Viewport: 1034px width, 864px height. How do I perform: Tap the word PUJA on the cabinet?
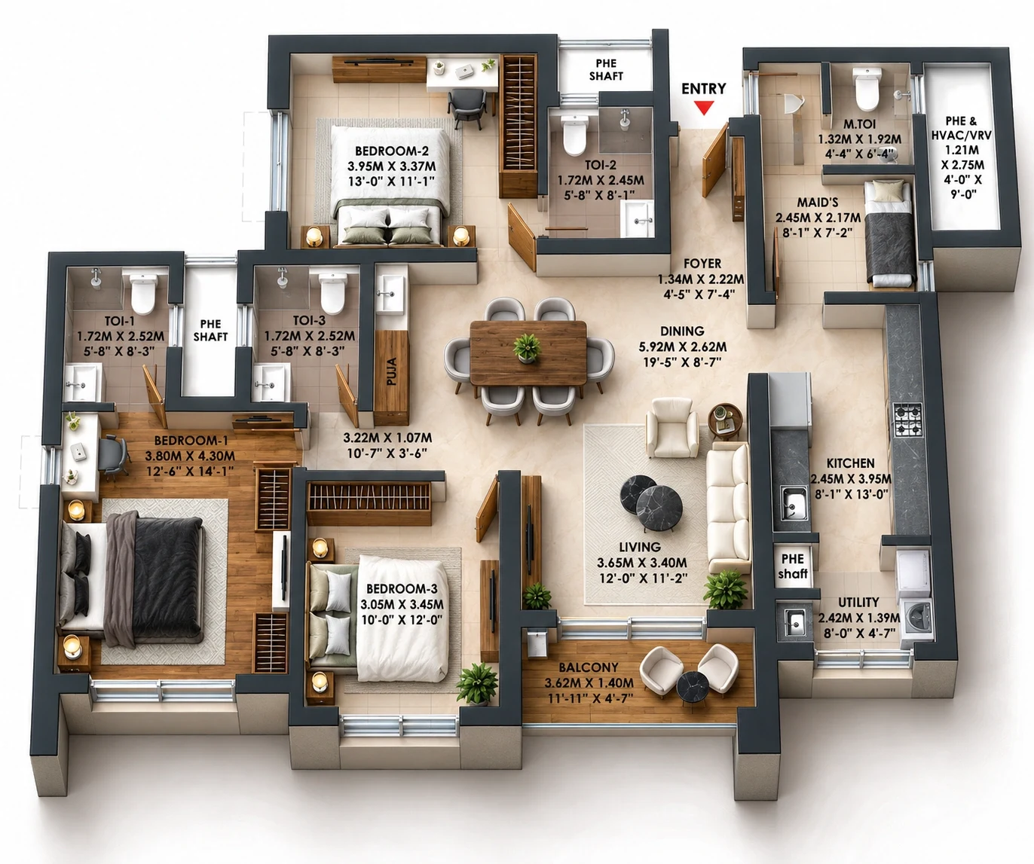[x=391, y=371]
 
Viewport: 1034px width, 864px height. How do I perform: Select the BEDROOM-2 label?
[x=392, y=151]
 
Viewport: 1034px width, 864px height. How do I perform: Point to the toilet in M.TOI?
[x=867, y=89]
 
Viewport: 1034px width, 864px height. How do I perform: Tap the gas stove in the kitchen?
[x=907, y=420]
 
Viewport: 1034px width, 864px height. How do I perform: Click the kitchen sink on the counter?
[x=794, y=502]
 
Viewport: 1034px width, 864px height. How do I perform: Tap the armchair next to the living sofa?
[x=672, y=427]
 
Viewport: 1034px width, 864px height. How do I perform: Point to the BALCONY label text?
[x=589, y=667]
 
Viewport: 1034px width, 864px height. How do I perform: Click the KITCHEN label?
[x=850, y=463]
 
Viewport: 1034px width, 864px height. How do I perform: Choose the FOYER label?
[x=702, y=264]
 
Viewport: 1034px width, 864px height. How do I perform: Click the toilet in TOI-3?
[x=332, y=293]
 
